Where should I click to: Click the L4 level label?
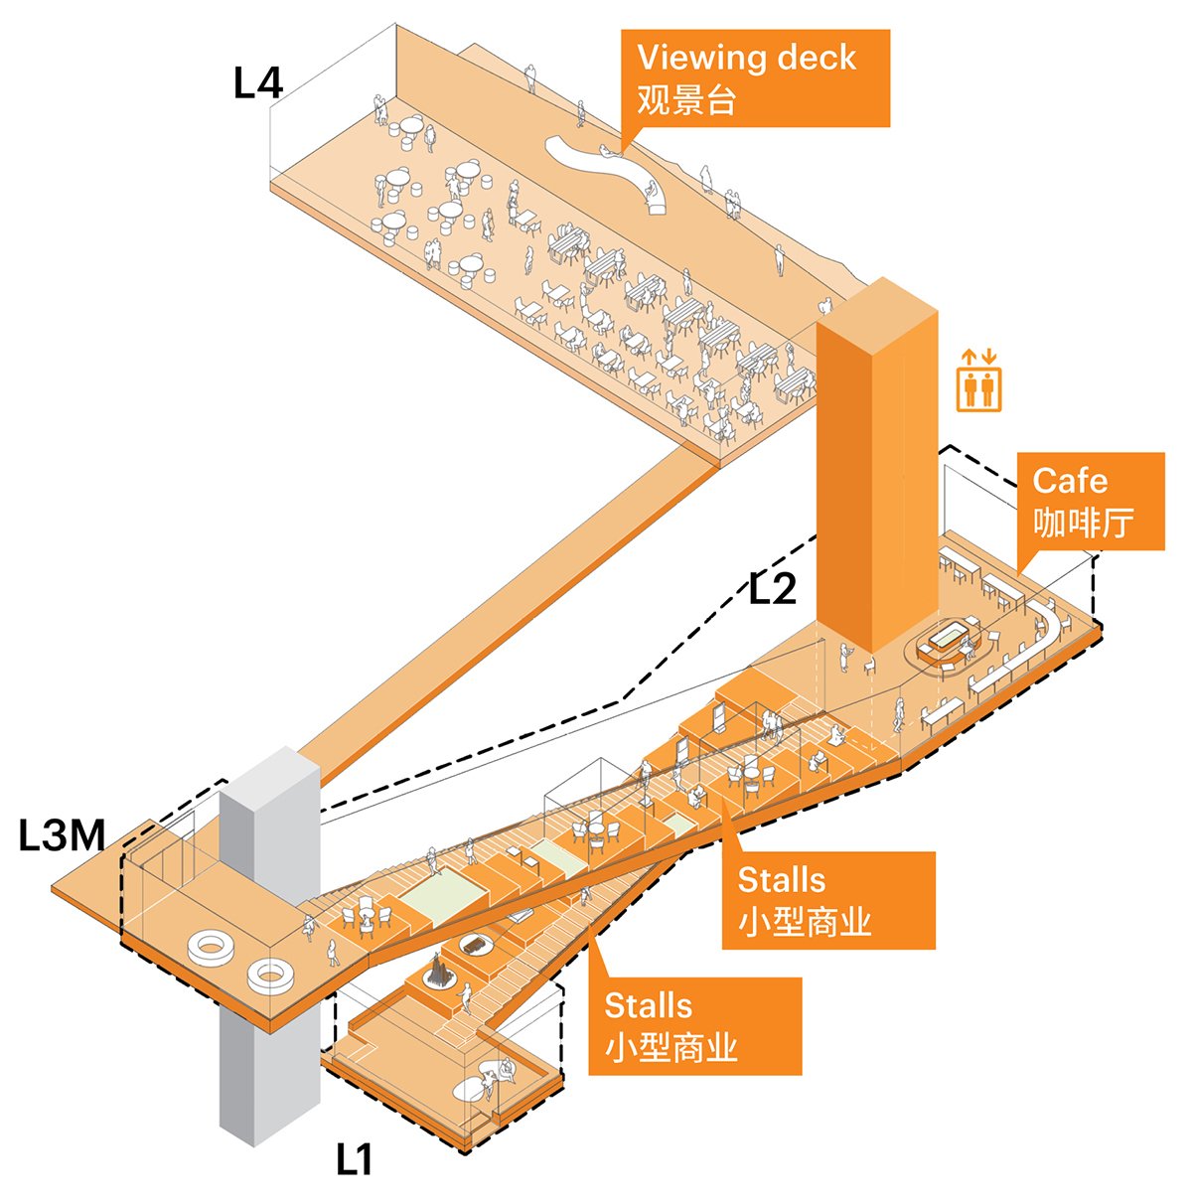pos(258,82)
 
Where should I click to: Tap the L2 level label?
pos(773,589)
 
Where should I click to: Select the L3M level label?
pos(63,836)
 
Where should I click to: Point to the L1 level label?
pos(354,1159)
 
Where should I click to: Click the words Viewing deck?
pos(746,58)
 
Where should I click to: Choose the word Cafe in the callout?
pos(1070,481)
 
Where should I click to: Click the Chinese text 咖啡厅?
pos(1083,522)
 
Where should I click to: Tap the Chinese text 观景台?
pos(686,100)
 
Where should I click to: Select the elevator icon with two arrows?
pos(979,379)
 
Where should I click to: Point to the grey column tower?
pos(268,954)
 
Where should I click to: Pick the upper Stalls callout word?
pos(782,880)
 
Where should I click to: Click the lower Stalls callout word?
pos(648,1005)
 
